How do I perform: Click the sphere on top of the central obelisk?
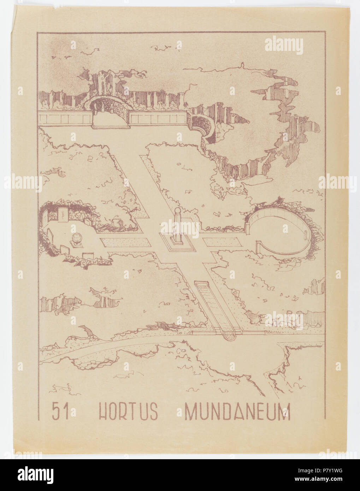177,211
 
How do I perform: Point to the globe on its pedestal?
76,238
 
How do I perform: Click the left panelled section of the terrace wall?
65,119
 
